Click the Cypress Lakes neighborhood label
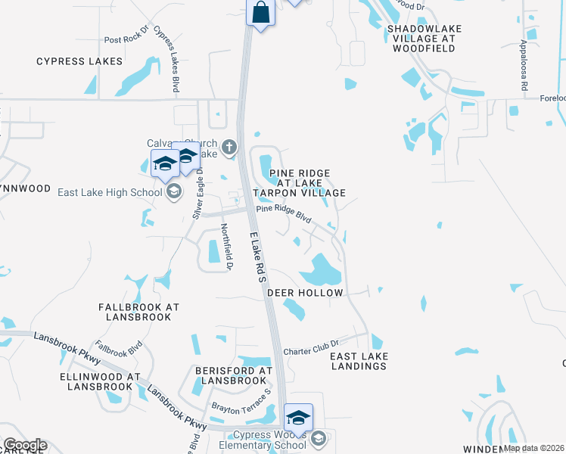coord(79,61)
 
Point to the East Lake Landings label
coord(359,361)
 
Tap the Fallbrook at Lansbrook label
coord(139,313)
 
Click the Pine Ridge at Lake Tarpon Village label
coord(299,183)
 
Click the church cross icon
coord(229,145)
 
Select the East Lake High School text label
coord(110,192)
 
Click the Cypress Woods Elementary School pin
coord(298,418)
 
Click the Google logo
coord(25,445)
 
